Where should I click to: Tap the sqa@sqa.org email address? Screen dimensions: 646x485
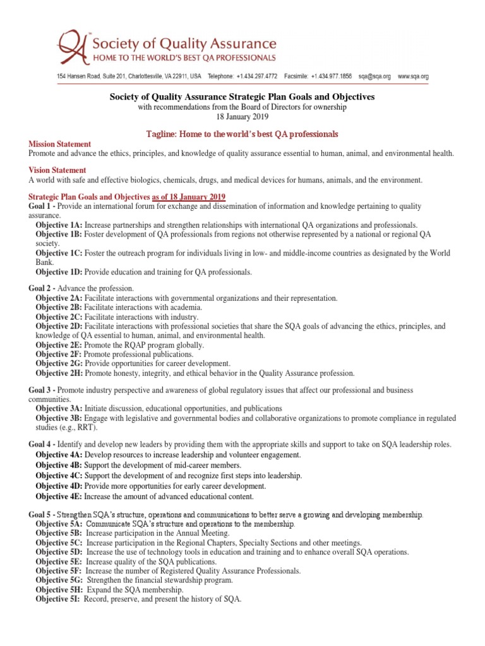point(374,76)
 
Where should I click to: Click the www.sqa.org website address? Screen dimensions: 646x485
point(413,76)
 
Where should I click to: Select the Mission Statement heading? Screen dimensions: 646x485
point(59,144)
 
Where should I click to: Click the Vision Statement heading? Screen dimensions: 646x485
point(57,170)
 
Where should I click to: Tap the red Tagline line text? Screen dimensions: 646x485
point(242,134)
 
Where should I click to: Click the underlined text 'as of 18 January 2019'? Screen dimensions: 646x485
point(189,197)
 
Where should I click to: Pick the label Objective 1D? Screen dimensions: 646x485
point(59,272)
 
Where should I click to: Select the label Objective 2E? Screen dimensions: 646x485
point(59,345)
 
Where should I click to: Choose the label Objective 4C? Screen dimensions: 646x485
point(59,475)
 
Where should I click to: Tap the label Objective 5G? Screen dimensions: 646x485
point(59,580)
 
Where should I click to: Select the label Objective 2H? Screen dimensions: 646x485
point(59,373)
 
